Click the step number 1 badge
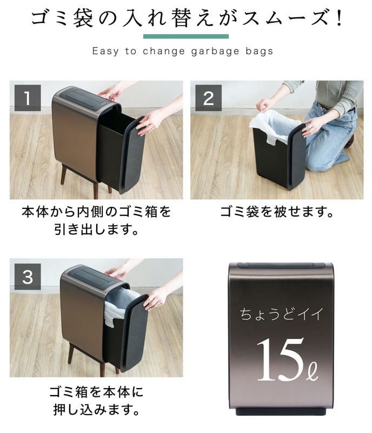point(28,98)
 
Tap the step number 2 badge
point(208,98)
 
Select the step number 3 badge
point(28,277)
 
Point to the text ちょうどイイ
point(281,314)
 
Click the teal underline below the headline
point(185,36)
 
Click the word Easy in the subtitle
point(105,51)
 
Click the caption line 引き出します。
point(96,229)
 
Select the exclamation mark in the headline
point(339,18)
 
